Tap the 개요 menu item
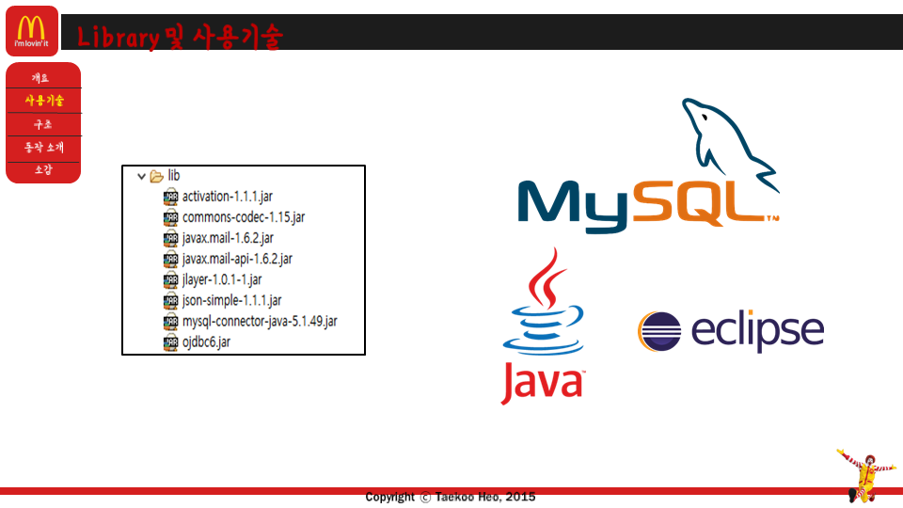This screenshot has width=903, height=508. coord(40,78)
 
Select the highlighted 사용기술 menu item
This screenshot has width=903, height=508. coord(44,101)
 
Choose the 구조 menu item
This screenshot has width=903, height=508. coord(42,124)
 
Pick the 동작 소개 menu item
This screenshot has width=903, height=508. coord(44,147)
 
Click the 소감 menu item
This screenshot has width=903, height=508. coord(43,169)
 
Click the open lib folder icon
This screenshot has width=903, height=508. coord(157,176)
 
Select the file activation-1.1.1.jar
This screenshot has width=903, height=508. coord(227,197)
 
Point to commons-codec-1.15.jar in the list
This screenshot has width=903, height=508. coord(243,217)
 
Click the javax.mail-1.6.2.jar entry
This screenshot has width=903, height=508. coord(228,238)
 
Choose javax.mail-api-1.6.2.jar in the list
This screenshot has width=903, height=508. coord(236,259)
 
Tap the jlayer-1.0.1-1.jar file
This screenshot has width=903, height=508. coord(222,279)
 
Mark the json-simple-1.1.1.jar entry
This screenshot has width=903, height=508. coord(231,300)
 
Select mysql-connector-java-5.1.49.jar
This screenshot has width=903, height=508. coord(259,321)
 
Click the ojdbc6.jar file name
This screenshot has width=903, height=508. coord(206,341)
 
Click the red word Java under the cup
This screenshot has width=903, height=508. coord(542,382)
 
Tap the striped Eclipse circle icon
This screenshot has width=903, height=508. coord(659,332)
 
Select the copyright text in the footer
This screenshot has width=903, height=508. coord(451,497)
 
